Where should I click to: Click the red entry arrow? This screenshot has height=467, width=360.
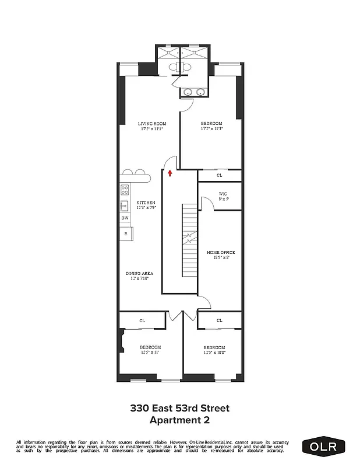pos(170,172)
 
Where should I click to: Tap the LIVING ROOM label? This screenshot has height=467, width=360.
pos(152,124)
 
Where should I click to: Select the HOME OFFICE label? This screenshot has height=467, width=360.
pos(221,252)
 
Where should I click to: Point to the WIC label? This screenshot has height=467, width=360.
pos(223,194)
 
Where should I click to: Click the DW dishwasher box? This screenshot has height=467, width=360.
pos(125,218)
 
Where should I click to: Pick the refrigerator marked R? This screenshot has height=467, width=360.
pos(125,233)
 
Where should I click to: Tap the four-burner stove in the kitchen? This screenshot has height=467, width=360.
pos(124,189)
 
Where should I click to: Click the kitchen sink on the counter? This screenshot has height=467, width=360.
pos(124,205)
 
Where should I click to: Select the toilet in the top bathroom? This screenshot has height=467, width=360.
pos(179,67)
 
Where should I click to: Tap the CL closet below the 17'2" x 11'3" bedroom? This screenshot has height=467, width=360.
pos(220,175)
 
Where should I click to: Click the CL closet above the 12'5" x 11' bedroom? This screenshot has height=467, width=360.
pos(142,320)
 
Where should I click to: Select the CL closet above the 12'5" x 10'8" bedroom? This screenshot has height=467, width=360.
pos(220,320)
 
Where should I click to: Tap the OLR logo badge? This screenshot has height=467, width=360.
pos(323,447)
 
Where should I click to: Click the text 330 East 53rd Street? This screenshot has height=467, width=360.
pos(179,408)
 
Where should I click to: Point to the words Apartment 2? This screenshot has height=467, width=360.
pos(179,419)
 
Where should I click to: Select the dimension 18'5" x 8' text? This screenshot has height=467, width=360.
pos(221,257)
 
